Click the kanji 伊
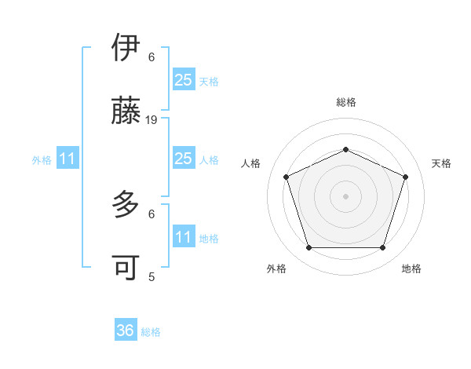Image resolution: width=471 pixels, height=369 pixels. point(126,48)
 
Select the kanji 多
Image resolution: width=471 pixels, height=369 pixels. point(126,205)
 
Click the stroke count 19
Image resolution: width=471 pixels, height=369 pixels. point(152,120)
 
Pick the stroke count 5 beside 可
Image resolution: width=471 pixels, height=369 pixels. point(152,276)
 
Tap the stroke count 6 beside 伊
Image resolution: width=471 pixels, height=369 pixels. point(152,57)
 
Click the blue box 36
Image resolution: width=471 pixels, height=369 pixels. point(126,331)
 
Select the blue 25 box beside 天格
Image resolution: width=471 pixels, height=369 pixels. point(183,79)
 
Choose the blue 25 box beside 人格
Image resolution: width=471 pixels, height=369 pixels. point(183,159)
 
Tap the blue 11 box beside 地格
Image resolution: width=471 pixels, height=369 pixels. point(183,237)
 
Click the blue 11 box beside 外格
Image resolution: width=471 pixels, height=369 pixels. point(68,159)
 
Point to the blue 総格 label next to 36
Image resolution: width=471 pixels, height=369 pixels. point(151,332)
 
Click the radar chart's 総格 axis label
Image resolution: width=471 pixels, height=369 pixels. point(345,102)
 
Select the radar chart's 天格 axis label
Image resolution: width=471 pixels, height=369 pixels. point(441,163)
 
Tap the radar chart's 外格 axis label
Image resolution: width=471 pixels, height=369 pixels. point(276,269)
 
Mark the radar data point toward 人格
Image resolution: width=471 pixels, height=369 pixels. point(286,177)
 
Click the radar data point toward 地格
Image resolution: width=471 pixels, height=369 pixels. point(382,247)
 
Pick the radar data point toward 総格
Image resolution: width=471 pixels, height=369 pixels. point(345,149)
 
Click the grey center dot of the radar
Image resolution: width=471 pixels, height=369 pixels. point(345,195)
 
